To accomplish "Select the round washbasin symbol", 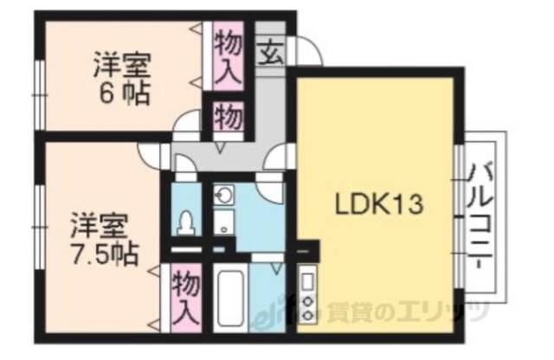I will click(223, 195).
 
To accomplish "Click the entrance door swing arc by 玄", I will click(308, 52).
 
